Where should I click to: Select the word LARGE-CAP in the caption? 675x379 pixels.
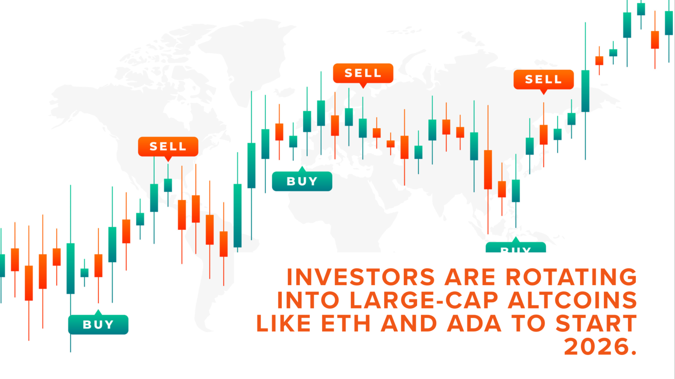pos(424,300)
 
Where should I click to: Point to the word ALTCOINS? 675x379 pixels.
pos(572,300)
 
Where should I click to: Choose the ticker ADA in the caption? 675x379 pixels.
pos(474,324)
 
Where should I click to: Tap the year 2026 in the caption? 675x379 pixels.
pos(597,347)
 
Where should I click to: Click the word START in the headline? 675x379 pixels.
pos(596,324)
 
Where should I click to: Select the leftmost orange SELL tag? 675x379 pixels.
pos(168,147)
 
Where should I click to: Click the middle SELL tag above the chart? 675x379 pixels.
pos(363,73)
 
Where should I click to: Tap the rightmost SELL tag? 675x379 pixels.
pos(544,79)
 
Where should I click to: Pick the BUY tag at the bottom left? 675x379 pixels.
pos(98,325)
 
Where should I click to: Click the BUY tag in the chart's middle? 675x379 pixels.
pos(302,181)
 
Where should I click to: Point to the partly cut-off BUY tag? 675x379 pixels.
pos(515,248)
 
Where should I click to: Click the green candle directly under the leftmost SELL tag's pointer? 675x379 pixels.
pos(168,185)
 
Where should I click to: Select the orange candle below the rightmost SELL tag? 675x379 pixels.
pos(544,135)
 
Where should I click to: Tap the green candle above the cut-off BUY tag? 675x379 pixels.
pos(515,191)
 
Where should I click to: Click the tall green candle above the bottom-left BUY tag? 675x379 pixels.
pos(70,268)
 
